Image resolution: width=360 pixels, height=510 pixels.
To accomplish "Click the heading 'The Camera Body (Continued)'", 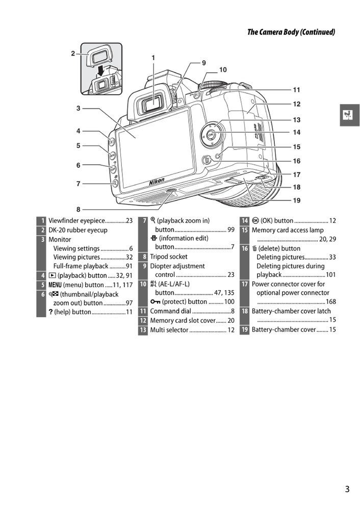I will [x=291, y=32].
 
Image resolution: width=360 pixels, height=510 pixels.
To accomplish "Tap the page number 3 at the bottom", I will [x=347, y=489].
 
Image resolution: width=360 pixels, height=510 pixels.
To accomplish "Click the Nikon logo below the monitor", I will [x=157, y=182].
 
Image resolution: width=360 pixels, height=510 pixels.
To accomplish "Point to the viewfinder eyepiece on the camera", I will [x=151, y=105].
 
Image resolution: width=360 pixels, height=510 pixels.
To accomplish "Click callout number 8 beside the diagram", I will [x=79, y=209].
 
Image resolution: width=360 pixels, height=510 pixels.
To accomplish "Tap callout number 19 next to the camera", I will [x=296, y=200].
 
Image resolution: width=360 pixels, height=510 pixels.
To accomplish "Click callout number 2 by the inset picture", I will [x=73, y=53].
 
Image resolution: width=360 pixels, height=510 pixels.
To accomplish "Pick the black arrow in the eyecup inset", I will [x=102, y=69].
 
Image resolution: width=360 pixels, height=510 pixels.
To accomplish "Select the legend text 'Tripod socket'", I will [x=168, y=257].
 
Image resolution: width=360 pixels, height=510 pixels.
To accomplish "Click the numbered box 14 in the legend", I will [x=245, y=221].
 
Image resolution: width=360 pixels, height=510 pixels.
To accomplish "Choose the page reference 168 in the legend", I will [x=331, y=301].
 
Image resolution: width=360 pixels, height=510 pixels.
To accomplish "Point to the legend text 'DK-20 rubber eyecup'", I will [x=78, y=230].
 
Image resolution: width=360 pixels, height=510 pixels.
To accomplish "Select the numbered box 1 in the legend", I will [x=41, y=221].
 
